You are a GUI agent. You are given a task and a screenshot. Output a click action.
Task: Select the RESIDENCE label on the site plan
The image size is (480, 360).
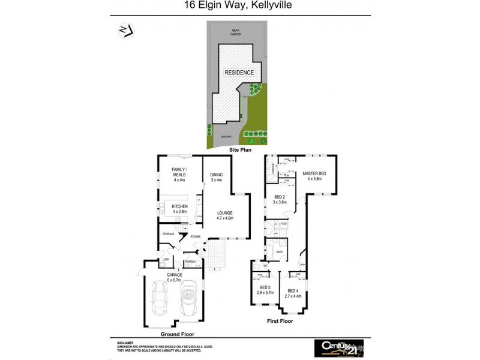[239, 73]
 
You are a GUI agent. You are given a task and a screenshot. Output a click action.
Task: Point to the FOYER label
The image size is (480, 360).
[196, 237]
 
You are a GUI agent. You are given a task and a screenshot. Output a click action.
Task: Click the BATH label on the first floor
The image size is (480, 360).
[280, 252]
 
